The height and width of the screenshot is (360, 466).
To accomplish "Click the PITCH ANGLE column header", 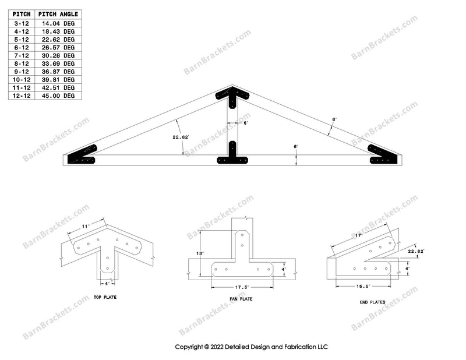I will (x=59, y=15).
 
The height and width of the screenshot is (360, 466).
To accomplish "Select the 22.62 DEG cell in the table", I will (x=59, y=39).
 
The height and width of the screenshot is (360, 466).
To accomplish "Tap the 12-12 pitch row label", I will (x=22, y=96).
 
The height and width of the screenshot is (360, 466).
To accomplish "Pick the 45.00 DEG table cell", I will (x=59, y=96).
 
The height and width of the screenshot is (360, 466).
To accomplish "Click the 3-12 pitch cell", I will (x=22, y=23).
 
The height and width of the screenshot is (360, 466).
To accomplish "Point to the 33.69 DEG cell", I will (x=59, y=63).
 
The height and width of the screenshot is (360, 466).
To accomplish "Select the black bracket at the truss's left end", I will (x=82, y=156).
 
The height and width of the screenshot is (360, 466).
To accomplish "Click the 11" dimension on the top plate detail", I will (x=85, y=224).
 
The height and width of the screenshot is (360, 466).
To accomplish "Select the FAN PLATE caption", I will (x=241, y=299).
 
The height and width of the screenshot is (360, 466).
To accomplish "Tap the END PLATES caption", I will (x=369, y=302).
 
